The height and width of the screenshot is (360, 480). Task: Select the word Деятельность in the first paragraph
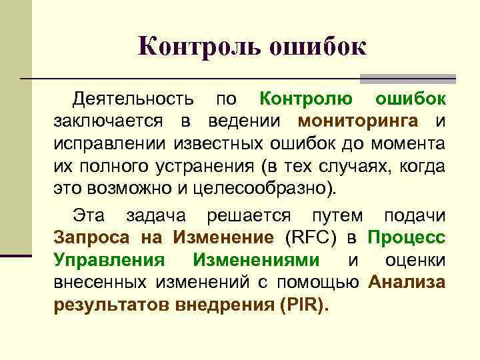point(133,100)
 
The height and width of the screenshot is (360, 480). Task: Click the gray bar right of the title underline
point(408,79)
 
